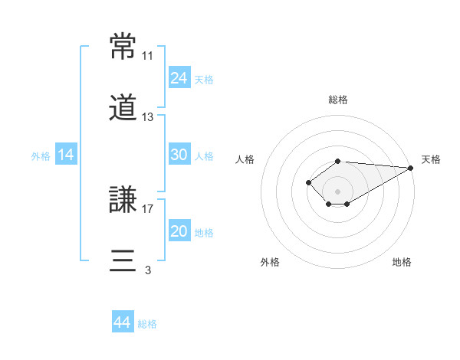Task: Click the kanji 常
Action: point(123,46)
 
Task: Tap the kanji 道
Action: point(123,107)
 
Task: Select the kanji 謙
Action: point(123,199)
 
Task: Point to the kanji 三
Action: point(123,260)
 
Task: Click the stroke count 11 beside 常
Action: point(147,56)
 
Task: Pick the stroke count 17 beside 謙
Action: point(147,209)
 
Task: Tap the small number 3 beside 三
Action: point(148,270)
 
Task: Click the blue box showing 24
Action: point(179,77)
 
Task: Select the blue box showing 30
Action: point(179,154)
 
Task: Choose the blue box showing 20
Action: point(179,230)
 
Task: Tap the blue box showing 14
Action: point(66,154)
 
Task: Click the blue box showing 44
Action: point(123,321)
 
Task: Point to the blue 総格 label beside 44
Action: point(147,324)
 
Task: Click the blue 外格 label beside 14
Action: point(41,156)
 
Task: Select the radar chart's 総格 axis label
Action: point(338,100)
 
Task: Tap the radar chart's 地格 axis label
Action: point(402,262)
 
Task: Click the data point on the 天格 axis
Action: point(411,168)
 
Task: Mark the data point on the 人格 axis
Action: point(308,182)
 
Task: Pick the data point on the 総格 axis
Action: point(337,162)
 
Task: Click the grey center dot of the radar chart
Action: point(337,191)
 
